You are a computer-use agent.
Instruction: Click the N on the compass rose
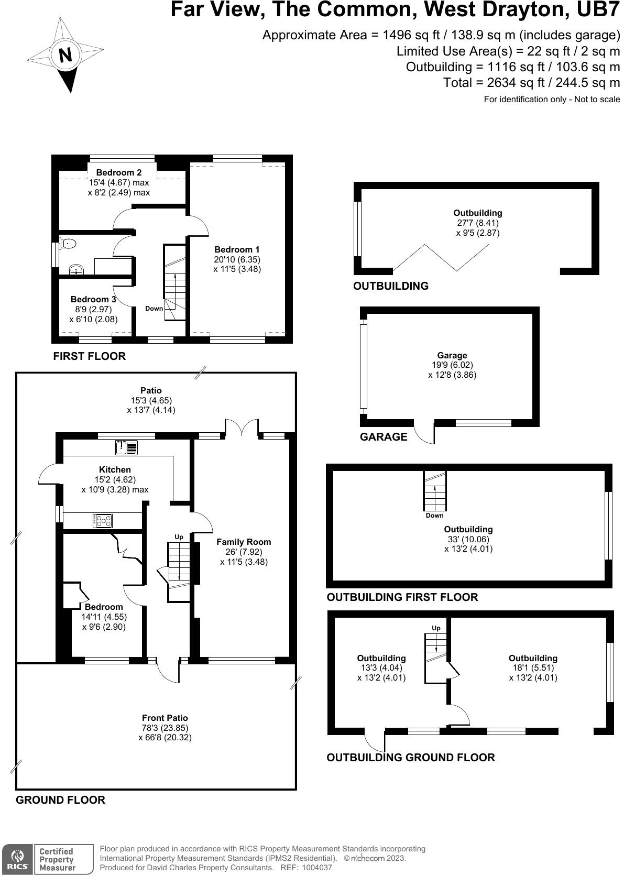pyautogui.click(x=65, y=55)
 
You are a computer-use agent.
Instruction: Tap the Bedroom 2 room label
pyautogui.click(x=119, y=172)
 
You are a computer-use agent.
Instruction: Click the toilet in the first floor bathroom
pyautogui.click(x=69, y=243)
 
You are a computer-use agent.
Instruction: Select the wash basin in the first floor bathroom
pyautogui.click(x=76, y=270)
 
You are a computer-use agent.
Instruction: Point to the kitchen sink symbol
pyautogui.click(x=126, y=447)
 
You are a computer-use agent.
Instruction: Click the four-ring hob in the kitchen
pyautogui.click(x=103, y=520)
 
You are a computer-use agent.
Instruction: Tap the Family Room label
pyautogui.click(x=244, y=542)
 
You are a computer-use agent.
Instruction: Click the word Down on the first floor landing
pyautogui.click(x=154, y=308)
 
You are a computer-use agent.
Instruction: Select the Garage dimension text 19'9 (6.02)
pyautogui.click(x=452, y=365)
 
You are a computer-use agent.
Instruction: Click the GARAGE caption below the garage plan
pyautogui.click(x=384, y=436)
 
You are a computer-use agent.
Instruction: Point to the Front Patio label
pyautogui.click(x=165, y=718)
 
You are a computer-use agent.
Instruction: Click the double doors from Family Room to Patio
pyautogui.click(x=242, y=427)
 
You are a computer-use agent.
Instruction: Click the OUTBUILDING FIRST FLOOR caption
pyautogui.click(x=402, y=597)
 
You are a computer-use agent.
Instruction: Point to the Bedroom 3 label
pyautogui.click(x=93, y=299)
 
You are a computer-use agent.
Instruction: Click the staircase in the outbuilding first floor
pyautogui.click(x=435, y=491)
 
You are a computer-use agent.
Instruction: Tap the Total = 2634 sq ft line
pyautogui.click(x=531, y=82)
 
